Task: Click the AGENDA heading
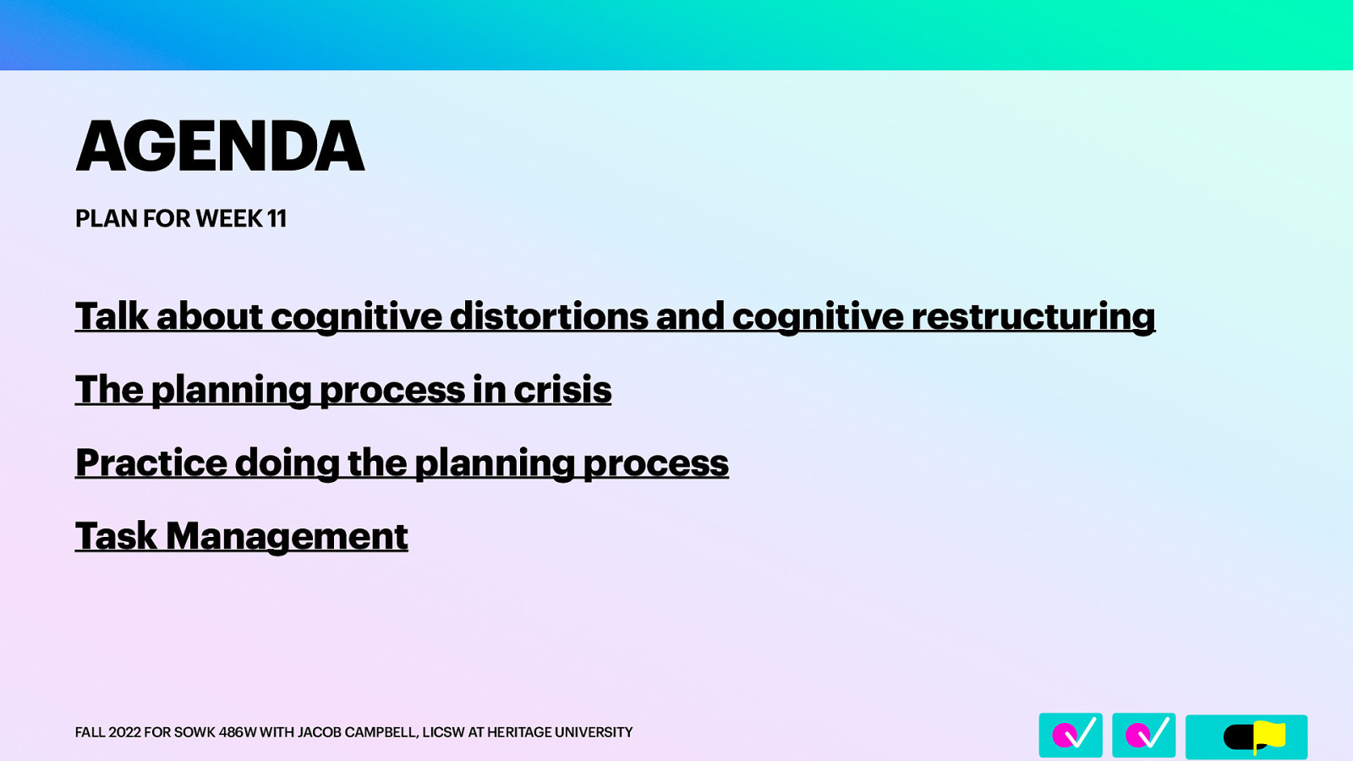[x=220, y=146]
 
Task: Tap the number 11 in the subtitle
[x=277, y=218]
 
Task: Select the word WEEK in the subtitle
[x=229, y=218]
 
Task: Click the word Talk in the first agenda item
[x=112, y=316]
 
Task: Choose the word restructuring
[x=1033, y=316]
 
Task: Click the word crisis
[x=562, y=390]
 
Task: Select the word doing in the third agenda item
[x=287, y=463]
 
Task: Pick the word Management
[x=287, y=536]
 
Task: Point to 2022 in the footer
[x=124, y=732]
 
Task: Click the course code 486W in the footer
[x=237, y=732]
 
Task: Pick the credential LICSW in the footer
[x=443, y=732]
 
